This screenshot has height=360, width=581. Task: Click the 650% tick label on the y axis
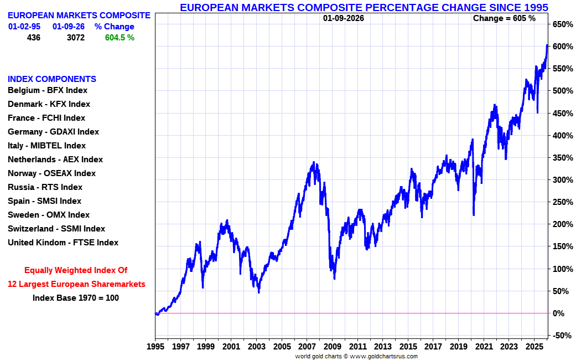(x=562, y=24)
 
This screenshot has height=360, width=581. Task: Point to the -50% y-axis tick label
(x=562, y=336)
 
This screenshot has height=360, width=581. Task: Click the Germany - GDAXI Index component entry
(x=53, y=132)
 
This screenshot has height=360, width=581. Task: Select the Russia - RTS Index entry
(x=45, y=187)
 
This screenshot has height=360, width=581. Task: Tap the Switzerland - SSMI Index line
(x=56, y=229)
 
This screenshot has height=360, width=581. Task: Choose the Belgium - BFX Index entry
(x=48, y=90)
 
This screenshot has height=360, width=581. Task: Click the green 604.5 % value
(x=120, y=38)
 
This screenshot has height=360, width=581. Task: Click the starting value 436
(x=33, y=38)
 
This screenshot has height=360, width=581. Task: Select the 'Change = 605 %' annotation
(x=504, y=18)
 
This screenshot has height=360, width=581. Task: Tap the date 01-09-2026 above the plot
(x=344, y=18)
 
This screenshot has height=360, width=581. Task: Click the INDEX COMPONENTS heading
(x=52, y=79)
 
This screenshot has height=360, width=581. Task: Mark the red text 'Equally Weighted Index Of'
(x=76, y=270)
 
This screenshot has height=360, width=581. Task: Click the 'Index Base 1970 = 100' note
(x=76, y=297)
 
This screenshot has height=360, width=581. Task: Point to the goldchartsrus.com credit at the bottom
(x=384, y=356)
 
